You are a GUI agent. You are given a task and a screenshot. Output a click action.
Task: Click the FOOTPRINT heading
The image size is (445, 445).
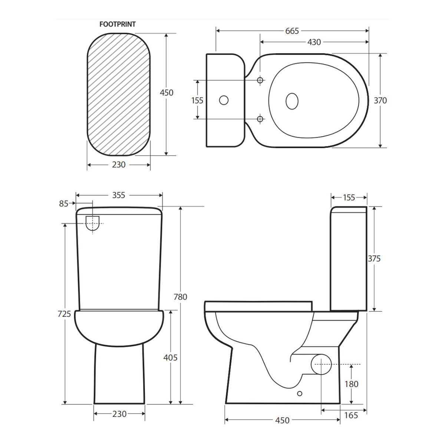[x=117, y=24]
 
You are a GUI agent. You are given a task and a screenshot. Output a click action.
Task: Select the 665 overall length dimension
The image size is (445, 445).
[x=292, y=31]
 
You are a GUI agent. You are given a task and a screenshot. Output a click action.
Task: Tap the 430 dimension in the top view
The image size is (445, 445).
[x=314, y=42]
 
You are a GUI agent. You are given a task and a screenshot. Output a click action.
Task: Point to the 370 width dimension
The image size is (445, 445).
[x=380, y=100]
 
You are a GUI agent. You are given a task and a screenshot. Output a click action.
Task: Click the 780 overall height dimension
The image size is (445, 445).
[x=180, y=297]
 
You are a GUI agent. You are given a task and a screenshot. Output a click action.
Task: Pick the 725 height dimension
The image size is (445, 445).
[x=64, y=314]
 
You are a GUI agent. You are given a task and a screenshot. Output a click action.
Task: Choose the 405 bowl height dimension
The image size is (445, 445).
[x=171, y=357]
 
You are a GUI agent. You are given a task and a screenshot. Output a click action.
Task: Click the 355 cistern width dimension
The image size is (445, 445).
[x=119, y=195]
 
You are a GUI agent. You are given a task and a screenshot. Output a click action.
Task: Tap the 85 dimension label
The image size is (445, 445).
[x=64, y=204]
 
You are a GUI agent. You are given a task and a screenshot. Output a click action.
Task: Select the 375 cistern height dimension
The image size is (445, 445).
[x=374, y=258]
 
